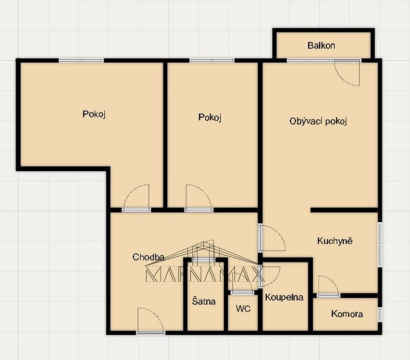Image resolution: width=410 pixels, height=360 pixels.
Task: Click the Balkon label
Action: tap(321, 46)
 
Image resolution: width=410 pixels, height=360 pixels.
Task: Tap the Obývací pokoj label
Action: tap(318, 121)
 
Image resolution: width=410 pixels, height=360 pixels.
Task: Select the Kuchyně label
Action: tap(335, 241)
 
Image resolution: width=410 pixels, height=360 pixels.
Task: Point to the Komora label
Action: tap(347, 314)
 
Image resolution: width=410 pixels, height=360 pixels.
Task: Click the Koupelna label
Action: tap(284, 297)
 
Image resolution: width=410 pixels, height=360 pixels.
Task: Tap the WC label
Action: tap(243, 309)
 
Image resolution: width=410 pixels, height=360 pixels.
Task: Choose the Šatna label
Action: tap(204, 301)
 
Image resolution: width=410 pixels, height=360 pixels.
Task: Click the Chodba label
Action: tap(148, 257)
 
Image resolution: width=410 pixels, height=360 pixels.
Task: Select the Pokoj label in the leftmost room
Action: tap(94, 114)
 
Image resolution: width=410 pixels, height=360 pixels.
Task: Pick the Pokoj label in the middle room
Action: tap(210, 117)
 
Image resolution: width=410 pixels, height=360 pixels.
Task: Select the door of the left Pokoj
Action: tap(136, 198)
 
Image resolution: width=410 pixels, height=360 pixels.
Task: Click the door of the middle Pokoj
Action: tap(199, 198)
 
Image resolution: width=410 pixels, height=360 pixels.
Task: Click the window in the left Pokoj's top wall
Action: tap(82, 60)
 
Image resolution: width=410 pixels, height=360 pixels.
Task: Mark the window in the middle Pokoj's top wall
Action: tap(212, 60)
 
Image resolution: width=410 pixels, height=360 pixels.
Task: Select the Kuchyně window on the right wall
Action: tap(380, 245)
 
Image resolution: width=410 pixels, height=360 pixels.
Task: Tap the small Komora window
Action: tap(380, 314)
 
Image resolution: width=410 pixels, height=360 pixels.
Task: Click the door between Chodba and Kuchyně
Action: tap(272, 238)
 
